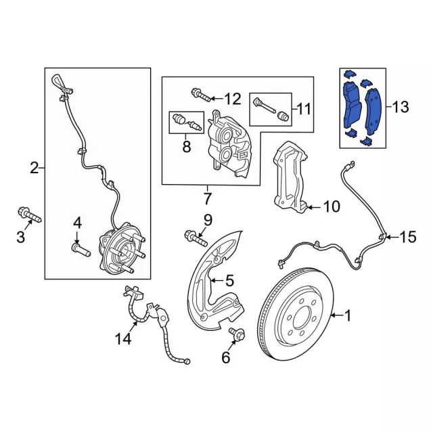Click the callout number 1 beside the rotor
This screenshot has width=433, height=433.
[x=349, y=315]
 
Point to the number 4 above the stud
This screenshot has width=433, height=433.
[x=77, y=223]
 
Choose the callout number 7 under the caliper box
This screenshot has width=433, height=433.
[x=207, y=198]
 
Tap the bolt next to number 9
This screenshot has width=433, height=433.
[x=194, y=237]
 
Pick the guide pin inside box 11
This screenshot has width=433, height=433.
[x=271, y=108]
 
